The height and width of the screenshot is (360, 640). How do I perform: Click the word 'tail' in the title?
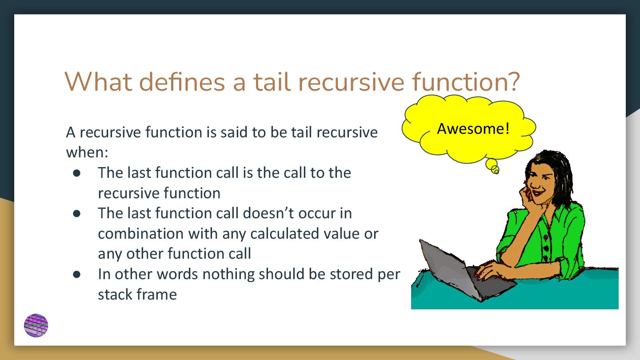point(272,82)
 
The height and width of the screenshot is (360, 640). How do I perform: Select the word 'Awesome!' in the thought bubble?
point(473,128)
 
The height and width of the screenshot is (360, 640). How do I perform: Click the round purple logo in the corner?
point(36,325)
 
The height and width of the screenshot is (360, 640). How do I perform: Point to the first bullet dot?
point(76,173)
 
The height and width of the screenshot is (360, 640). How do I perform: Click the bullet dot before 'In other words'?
point(76,274)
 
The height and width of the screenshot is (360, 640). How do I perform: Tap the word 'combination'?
point(141,233)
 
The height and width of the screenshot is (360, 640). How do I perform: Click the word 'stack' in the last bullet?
point(115,294)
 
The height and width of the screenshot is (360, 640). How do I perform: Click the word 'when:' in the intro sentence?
point(87,152)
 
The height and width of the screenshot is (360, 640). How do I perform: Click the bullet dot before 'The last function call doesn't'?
point(76,213)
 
